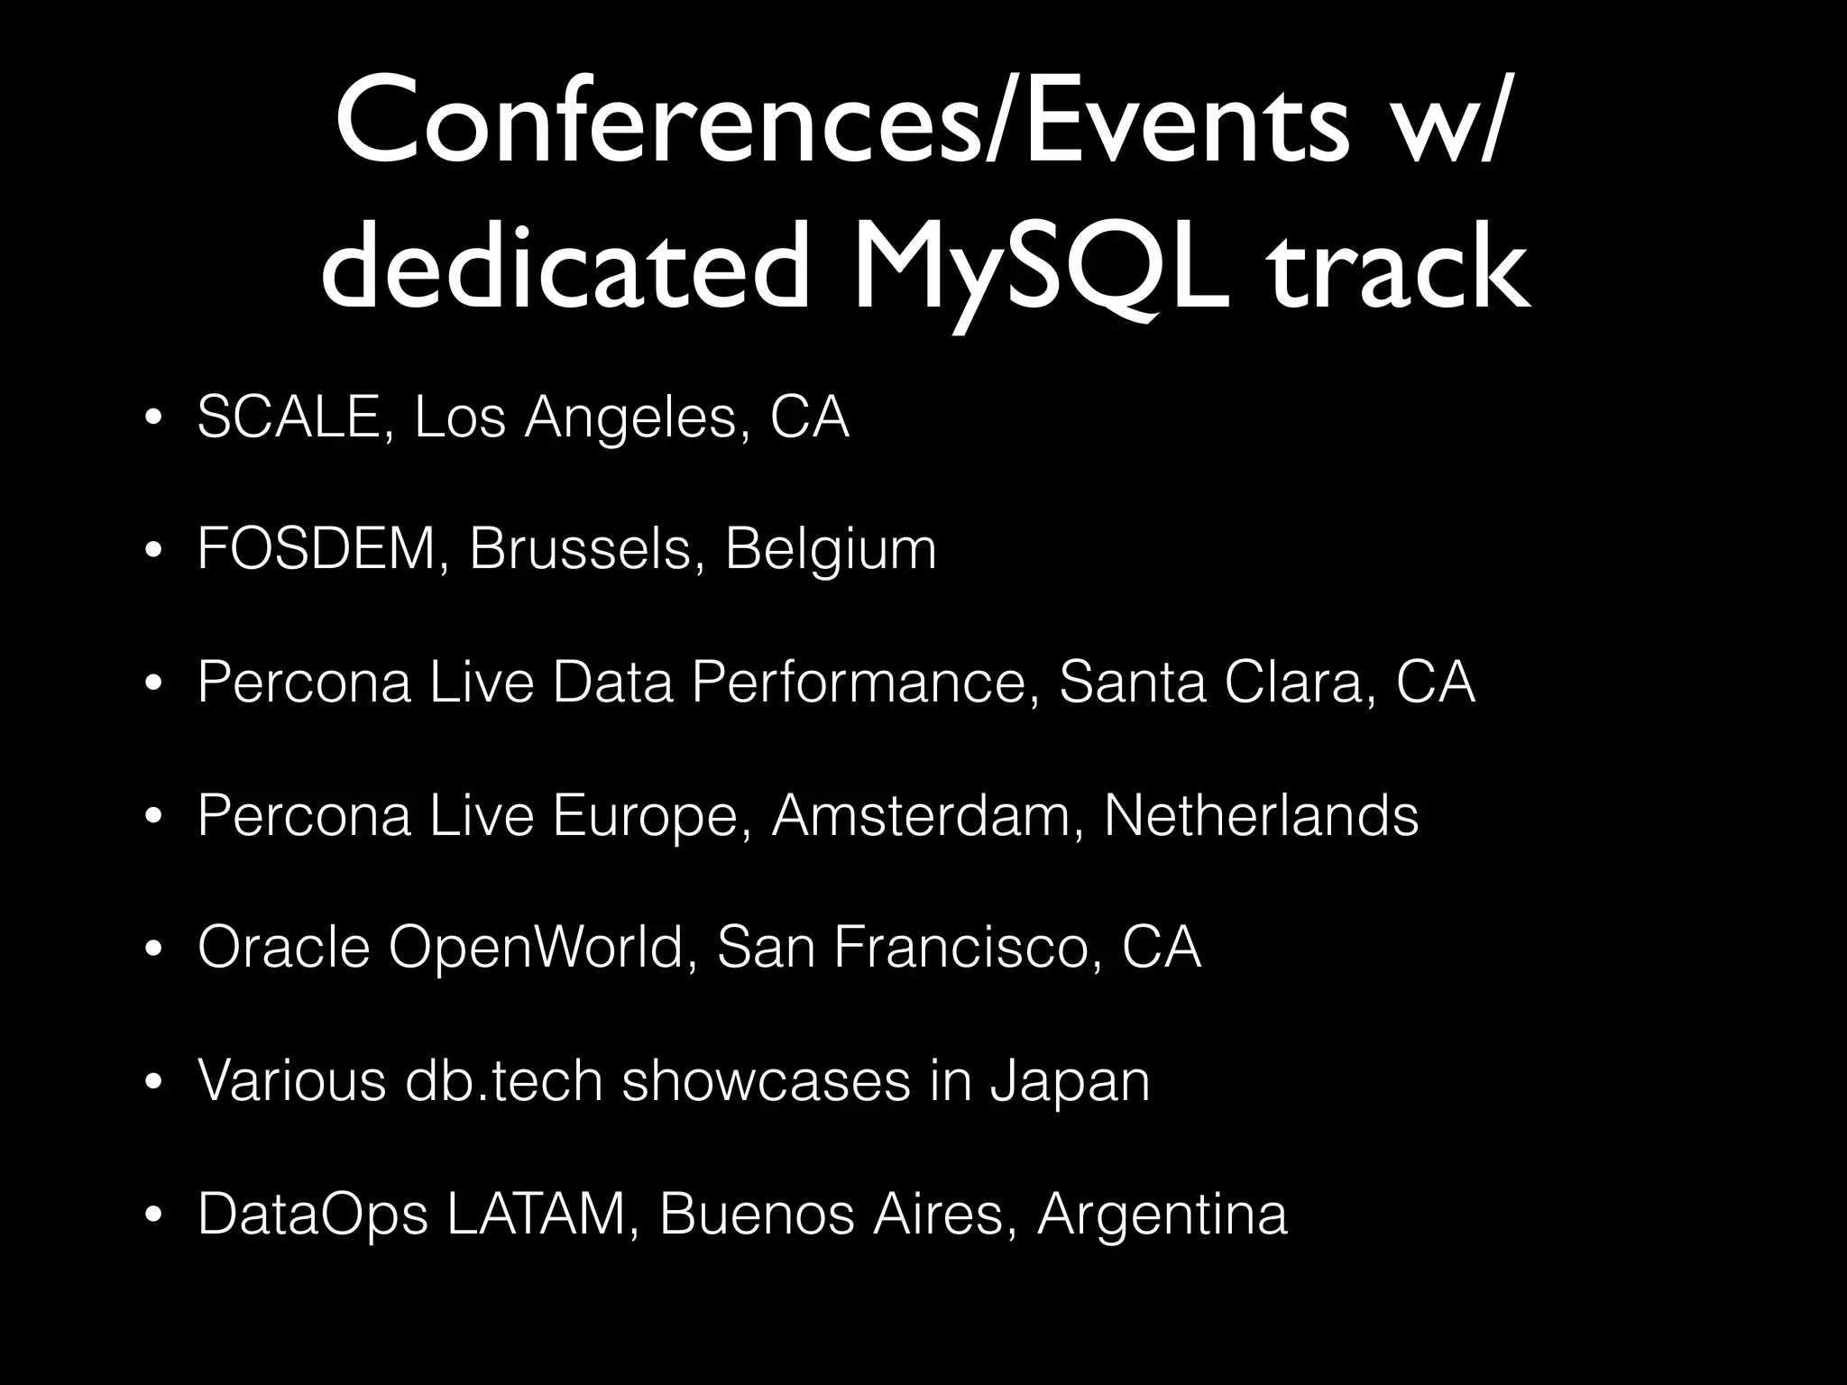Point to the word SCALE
tap(288, 417)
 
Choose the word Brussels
tap(581, 549)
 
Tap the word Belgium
tap(831, 549)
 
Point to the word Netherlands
tap(1261, 814)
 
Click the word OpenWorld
tap(536, 947)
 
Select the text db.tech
tap(504, 1080)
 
